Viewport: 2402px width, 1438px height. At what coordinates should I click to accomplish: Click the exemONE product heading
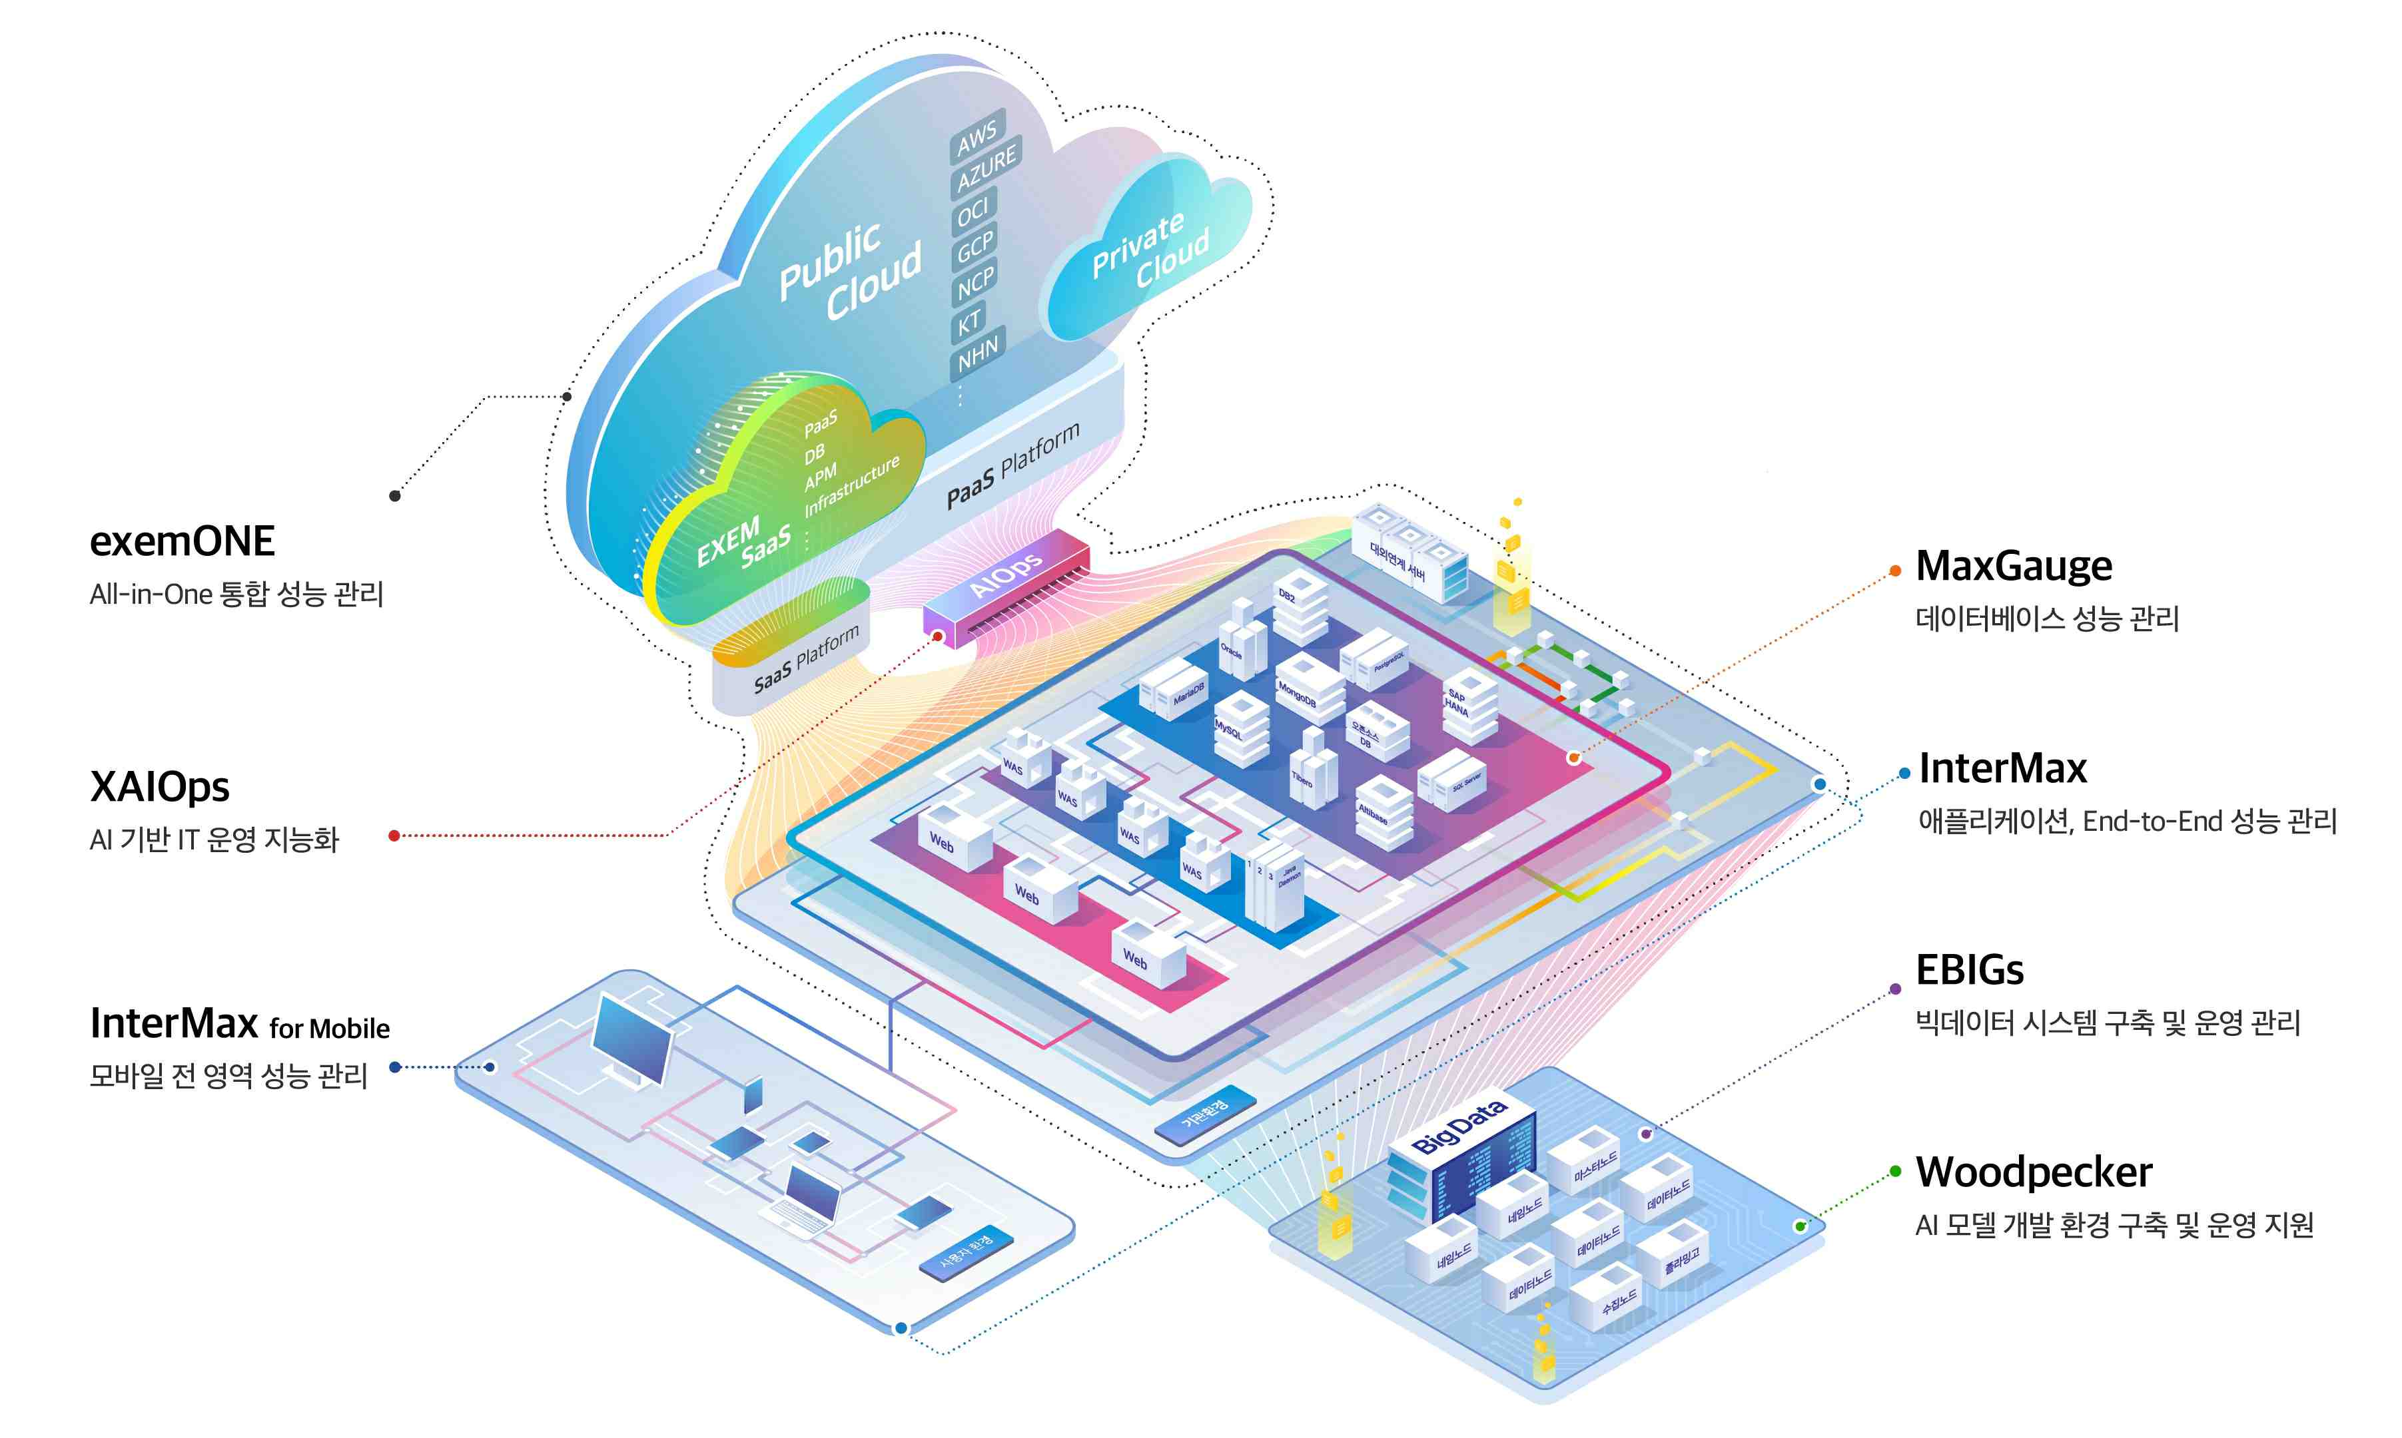(183, 541)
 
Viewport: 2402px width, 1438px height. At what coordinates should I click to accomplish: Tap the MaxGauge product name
(2013, 566)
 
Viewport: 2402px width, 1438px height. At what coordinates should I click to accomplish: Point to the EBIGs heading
(1969, 970)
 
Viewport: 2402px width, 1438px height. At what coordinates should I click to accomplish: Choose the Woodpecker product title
(2034, 1172)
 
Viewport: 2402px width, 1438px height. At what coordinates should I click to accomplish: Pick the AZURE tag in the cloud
(986, 172)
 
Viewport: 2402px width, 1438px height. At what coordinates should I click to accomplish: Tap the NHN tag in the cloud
(977, 356)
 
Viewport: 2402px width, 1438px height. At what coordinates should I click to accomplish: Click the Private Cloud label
(1150, 250)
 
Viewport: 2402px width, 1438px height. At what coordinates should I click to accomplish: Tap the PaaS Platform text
(1012, 465)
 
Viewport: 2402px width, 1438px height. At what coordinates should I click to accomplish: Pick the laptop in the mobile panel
(807, 1202)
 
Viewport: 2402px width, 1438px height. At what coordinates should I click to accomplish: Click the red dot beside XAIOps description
(394, 836)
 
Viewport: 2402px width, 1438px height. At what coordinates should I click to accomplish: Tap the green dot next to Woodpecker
(1895, 1172)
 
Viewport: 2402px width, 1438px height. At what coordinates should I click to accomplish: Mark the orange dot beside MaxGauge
(1895, 572)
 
